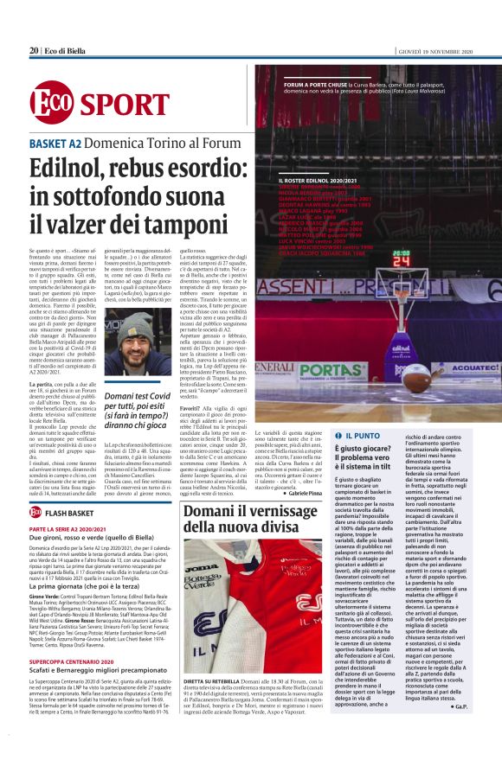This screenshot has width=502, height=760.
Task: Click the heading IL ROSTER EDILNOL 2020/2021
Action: (302, 179)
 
